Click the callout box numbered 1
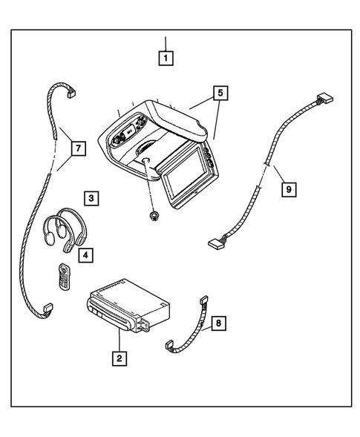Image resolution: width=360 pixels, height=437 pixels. tap(166, 56)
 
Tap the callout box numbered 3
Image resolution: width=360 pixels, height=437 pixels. tap(90, 198)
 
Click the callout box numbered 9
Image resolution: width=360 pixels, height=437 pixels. tap(289, 189)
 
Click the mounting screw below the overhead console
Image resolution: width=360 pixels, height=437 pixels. tap(154, 214)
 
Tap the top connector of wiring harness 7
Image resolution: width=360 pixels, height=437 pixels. tap(73, 93)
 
